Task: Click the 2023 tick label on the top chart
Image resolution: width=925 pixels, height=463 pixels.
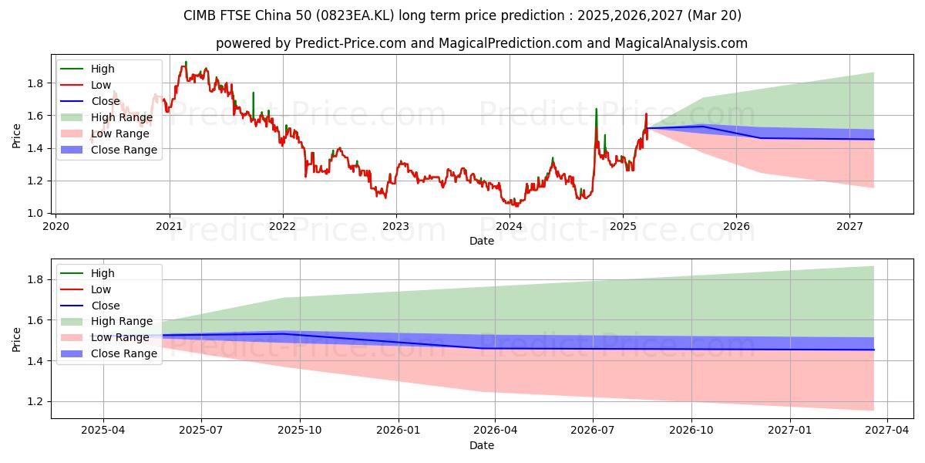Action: pyautogui.click(x=396, y=227)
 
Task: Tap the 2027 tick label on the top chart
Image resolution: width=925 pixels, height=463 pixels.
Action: pyautogui.click(x=849, y=227)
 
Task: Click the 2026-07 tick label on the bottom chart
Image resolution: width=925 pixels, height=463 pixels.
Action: pyautogui.click(x=593, y=431)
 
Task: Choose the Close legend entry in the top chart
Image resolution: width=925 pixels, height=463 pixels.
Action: pyautogui.click(x=106, y=101)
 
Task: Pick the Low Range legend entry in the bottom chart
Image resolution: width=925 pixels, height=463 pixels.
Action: pyautogui.click(x=119, y=337)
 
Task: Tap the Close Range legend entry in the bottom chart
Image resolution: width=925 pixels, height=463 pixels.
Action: pyautogui.click(x=123, y=353)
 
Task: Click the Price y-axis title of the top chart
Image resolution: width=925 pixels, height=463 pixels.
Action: pyautogui.click(x=17, y=135)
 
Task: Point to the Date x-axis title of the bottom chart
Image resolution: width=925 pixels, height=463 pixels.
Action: pyautogui.click(x=482, y=445)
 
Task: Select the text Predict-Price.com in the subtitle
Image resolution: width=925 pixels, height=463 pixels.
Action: pyautogui.click(x=351, y=43)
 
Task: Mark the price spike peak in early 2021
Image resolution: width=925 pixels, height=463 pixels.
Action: pyautogui.click(x=186, y=62)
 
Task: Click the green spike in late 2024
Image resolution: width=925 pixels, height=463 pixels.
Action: pyautogui.click(x=596, y=109)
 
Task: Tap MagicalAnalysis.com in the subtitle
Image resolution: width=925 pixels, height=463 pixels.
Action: pyautogui.click(x=681, y=43)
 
